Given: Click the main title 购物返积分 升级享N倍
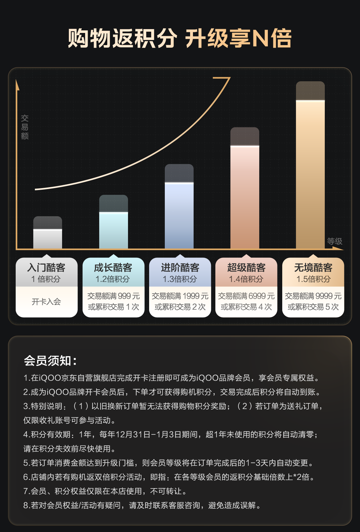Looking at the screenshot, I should pos(180,38).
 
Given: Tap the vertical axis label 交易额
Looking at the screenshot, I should pos(25,127).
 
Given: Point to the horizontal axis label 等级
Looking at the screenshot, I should pos(334,241).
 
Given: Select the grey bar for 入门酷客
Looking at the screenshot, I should pos(48,235).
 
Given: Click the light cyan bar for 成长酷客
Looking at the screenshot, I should pos(114,226).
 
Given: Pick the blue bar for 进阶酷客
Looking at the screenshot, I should pos(179,211).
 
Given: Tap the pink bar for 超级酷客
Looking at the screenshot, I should pos(245,192).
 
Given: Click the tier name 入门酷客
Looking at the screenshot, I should pos(46,267).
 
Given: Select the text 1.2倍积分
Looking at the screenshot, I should pos(113,279).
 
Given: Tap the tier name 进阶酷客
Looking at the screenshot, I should pos(180,267).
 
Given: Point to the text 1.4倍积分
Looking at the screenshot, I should pos(246,279).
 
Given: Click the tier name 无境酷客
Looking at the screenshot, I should pos(313,267).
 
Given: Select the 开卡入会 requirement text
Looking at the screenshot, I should pos(46,301).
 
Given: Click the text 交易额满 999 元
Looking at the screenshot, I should pos(114,296).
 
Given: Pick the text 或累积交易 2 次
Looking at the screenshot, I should pos(180,307).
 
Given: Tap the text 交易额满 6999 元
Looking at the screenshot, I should pos(246,296).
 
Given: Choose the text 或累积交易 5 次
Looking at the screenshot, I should pos(313,307).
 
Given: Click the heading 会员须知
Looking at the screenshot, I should pos(50,361).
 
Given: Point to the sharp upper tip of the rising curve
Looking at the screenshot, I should pos(229,78).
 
